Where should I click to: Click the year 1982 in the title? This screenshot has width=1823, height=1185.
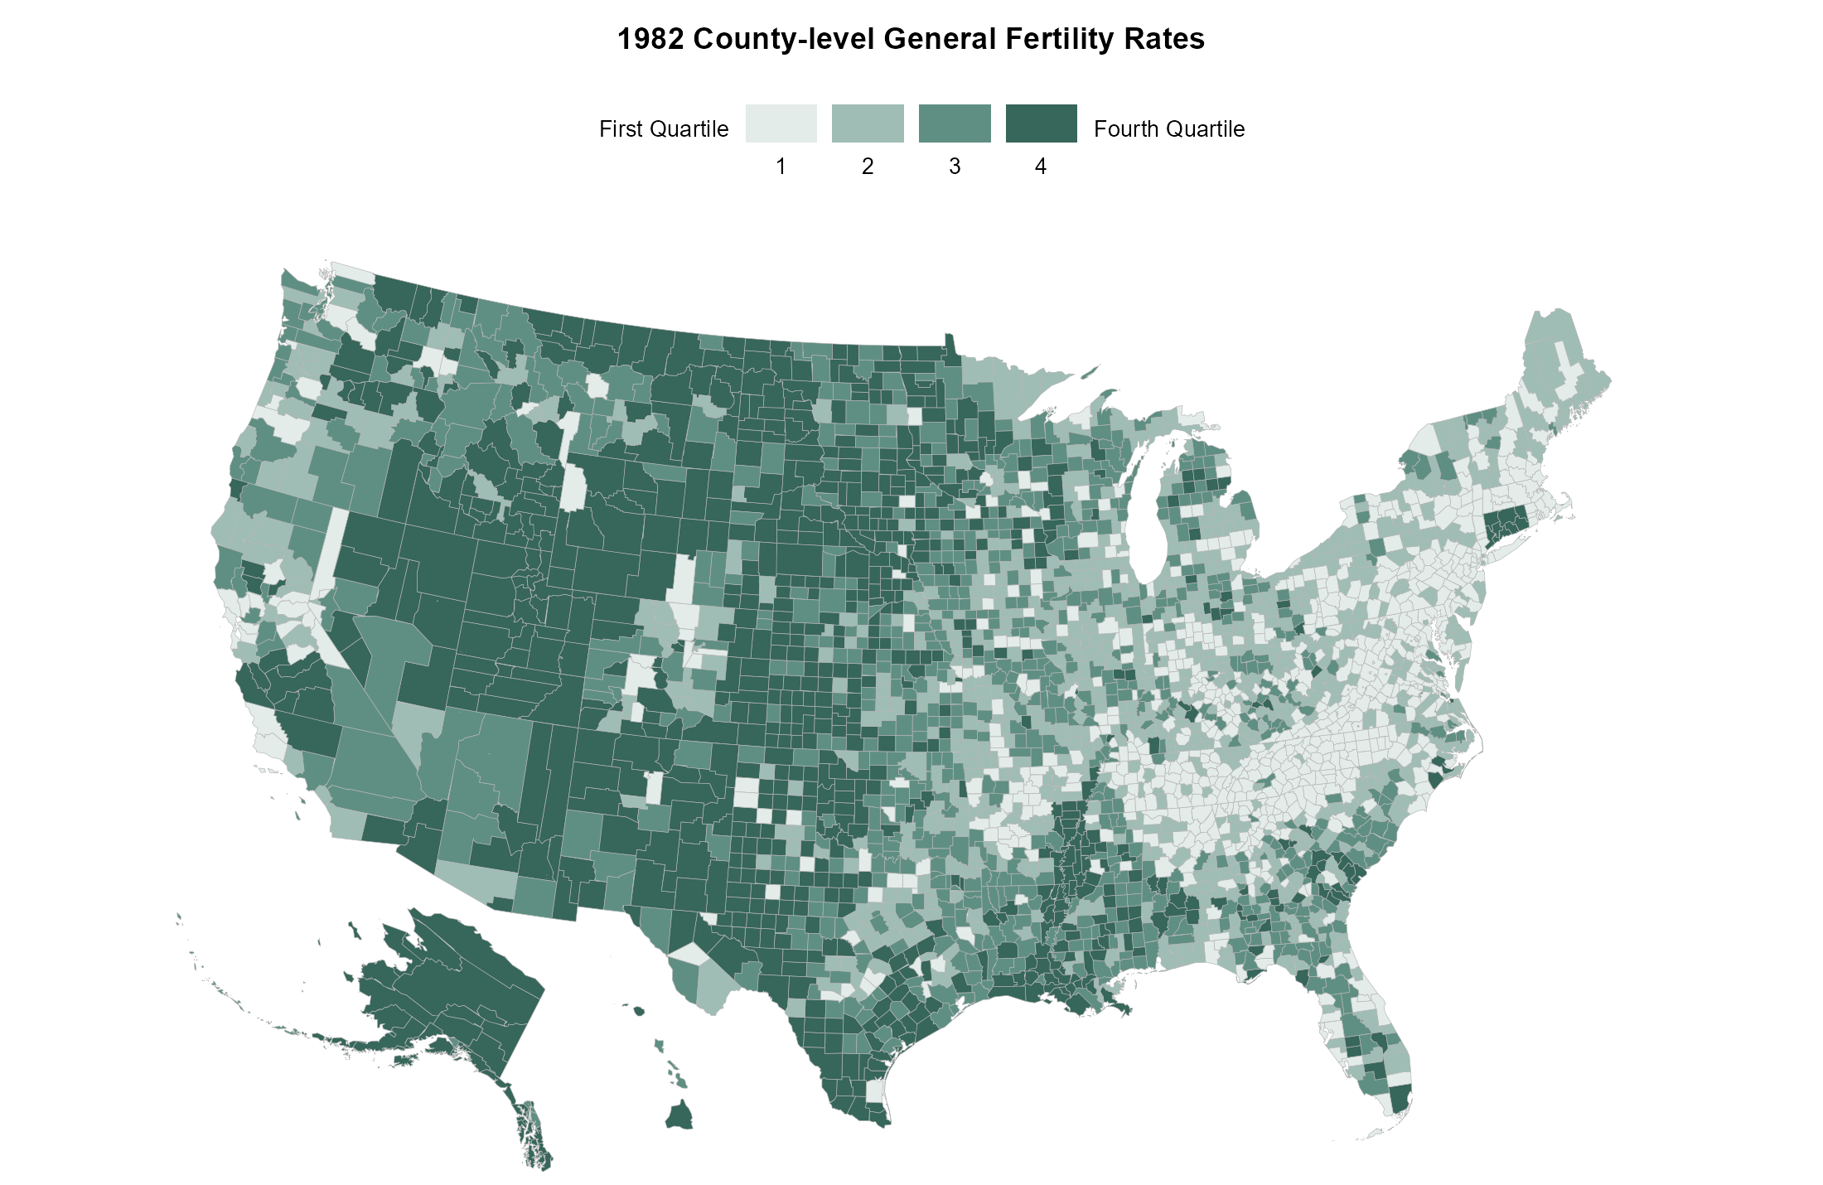point(650,39)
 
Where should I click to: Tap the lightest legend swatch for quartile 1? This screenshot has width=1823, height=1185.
point(781,123)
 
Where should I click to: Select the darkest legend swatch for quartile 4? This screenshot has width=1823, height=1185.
point(1041,123)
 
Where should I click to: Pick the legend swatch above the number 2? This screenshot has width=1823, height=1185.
point(868,123)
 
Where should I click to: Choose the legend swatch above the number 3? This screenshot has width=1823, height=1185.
point(955,123)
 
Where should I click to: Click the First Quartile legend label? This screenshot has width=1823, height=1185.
point(663,129)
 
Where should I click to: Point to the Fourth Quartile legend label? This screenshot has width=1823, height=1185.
point(1168,129)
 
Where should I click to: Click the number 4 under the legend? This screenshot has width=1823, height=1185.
point(1041,167)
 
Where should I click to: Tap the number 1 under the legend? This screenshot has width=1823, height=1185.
point(781,167)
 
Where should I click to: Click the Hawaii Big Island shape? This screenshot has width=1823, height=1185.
point(679,1115)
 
